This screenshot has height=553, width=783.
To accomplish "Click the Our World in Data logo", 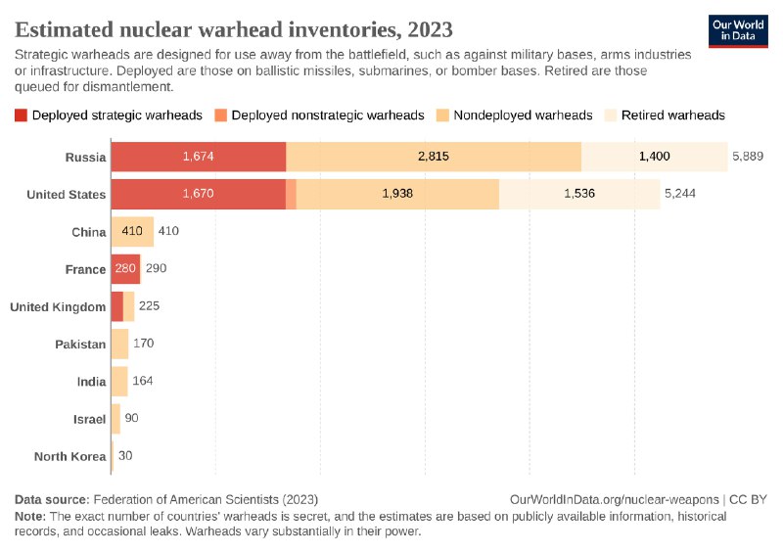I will pyautogui.click(x=737, y=29).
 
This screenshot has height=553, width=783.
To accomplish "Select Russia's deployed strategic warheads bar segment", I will pyautogui.click(x=199, y=157).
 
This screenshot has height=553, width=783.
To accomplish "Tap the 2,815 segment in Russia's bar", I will pyautogui.click(x=434, y=157).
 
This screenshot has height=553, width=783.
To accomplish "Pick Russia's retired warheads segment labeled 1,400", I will pyautogui.click(x=655, y=157).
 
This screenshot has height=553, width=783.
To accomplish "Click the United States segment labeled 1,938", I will pyautogui.click(x=397, y=194).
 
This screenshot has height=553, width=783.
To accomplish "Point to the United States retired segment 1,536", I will pyautogui.click(x=579, y=194).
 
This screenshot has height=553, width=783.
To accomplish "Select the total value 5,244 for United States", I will pyautogui.click(x=680, y=194).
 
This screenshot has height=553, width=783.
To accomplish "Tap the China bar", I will pyautogui.click(x=132, y=232).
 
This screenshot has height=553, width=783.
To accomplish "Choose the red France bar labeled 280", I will pyautogui.click(x=125, y=269).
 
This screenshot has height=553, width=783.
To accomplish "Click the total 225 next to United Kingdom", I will pyautogui.click(x=149, y=306).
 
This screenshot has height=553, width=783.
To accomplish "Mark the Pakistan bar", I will pyautogui.click(x=120, y=344).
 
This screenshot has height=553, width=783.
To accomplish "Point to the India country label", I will pyautogui.click(x=91, y=382).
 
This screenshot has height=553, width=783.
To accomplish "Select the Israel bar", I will pyautogui.click(x=115, y=419).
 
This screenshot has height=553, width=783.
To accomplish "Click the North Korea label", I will pyautogui.click(x=69, y=456).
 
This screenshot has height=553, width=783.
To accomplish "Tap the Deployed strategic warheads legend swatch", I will pyautogui.click(x=22, y=115).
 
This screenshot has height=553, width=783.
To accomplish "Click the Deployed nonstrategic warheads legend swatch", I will pyautogui.click(x=221, y=115).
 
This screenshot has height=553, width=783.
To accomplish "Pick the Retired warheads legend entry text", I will pyautogui.click(x=673, y=115).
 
